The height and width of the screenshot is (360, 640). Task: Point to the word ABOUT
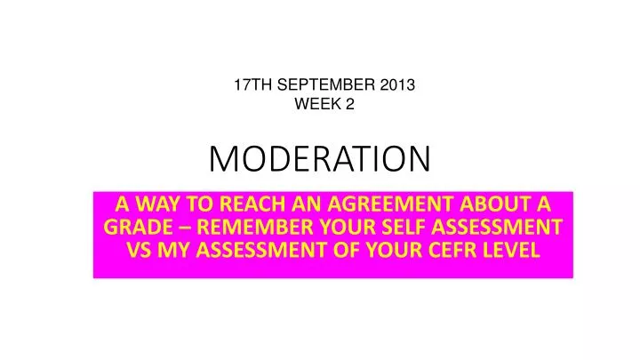[504, 204]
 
